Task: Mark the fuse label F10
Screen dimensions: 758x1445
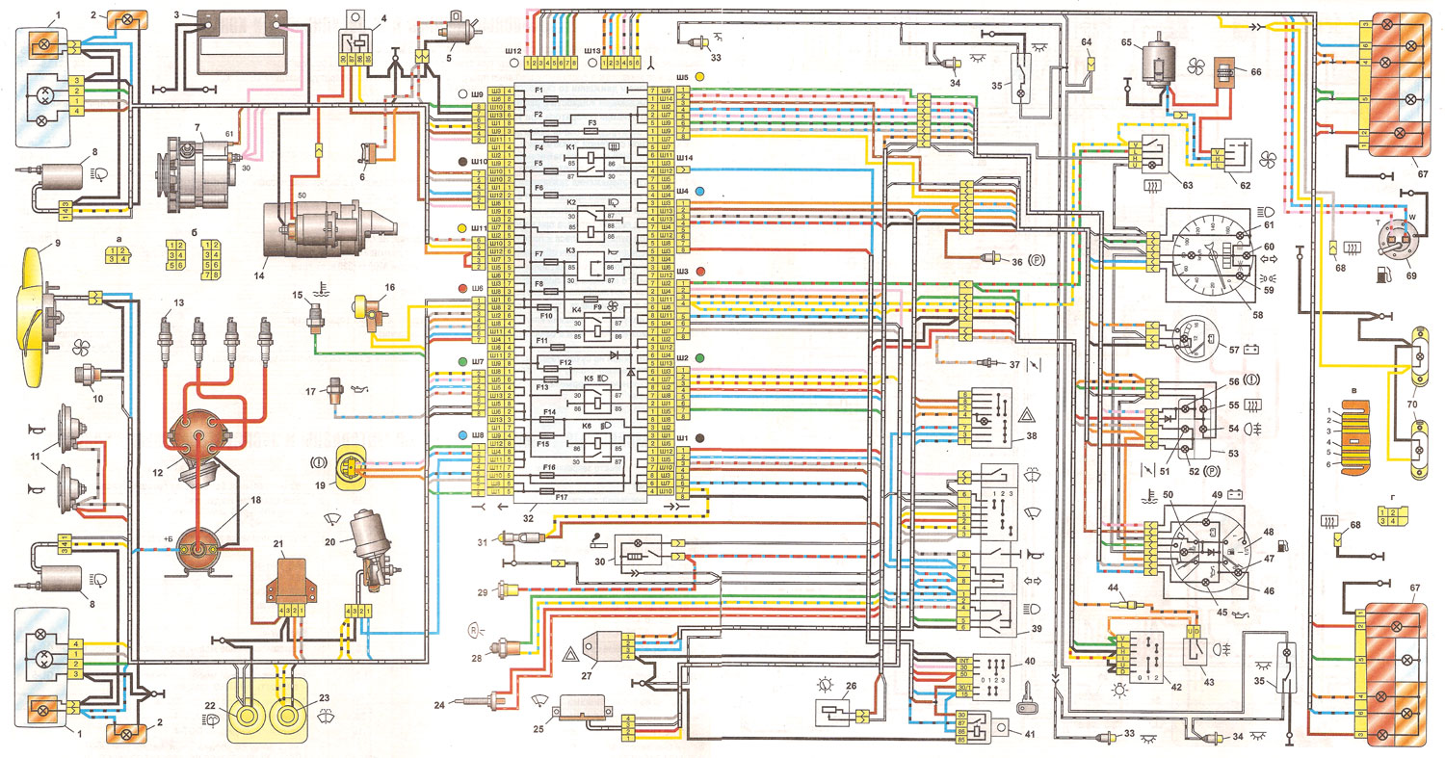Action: pos(544,315)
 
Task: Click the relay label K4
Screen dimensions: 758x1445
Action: pos(576,310)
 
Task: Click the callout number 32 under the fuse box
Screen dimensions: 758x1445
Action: pos(525,516)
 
